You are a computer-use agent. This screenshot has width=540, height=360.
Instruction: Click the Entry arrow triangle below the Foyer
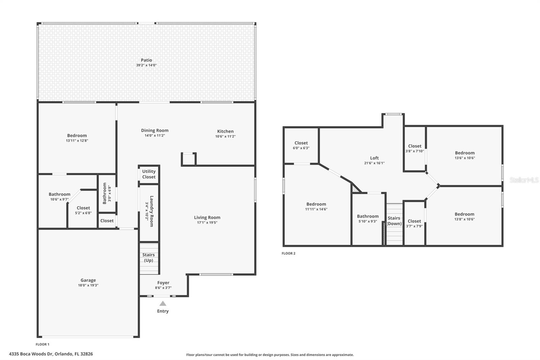click(163, 303)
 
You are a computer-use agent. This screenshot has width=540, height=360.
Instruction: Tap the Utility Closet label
click(149, 174)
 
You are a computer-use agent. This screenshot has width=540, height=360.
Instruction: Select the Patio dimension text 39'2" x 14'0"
click(146, 65)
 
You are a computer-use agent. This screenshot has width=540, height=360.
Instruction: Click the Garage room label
click(88, 280)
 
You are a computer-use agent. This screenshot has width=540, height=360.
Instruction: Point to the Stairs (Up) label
click(148, 257)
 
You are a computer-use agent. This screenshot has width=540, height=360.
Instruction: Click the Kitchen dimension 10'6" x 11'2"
click(225, 136)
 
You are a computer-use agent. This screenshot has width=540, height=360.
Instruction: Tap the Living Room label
click(207, 217)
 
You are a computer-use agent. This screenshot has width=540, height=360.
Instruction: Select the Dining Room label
click(155, 130)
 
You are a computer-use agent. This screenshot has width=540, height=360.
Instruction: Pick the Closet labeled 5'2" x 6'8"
click(83, 208)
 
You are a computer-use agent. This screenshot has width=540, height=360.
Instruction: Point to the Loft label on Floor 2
click(374, 158)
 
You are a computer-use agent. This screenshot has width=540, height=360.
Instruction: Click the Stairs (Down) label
click(394, 221)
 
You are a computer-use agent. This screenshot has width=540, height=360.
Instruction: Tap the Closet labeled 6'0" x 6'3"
click(301, 143)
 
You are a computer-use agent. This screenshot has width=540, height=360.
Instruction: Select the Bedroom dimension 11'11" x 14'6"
click(316, 209)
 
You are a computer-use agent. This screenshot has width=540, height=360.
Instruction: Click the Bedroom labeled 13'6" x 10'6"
click(464, 153)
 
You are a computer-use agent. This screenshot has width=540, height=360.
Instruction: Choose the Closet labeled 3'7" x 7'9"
click(414, 221)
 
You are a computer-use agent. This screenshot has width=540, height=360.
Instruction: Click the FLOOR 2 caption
click(289, 253)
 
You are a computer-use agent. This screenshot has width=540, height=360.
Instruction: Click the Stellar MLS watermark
click(524, 180)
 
